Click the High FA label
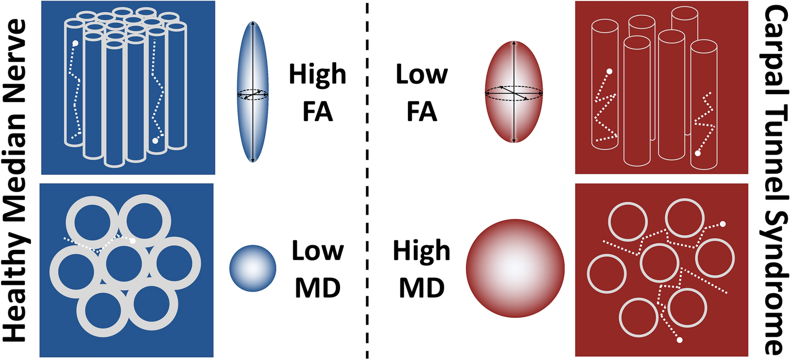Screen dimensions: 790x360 (x=317, y=94)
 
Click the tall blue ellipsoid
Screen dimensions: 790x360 (x=253, y=92)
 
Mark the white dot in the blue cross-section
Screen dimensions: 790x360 (x=133, y=241)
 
